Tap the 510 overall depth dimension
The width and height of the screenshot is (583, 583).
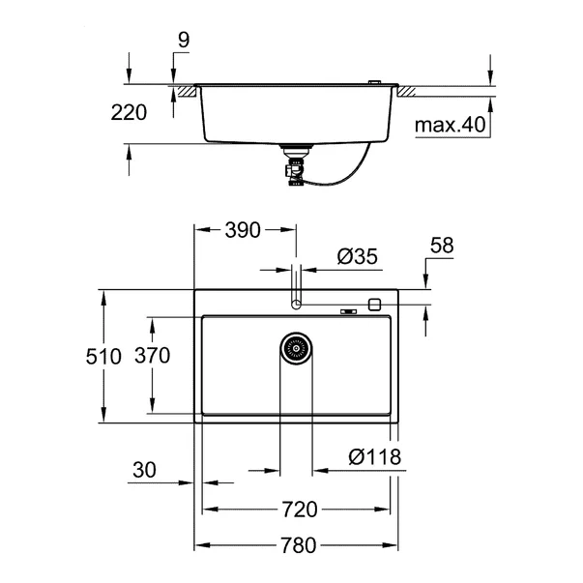point(102,356)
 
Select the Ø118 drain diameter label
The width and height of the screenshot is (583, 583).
point(375,456)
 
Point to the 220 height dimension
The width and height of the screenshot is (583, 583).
point(129,112)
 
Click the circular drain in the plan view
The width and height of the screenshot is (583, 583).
point(297,348)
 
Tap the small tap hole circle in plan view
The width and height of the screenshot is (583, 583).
point(297,304)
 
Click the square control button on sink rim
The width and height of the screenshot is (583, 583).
point(375,304)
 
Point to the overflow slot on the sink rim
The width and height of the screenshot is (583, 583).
point(347,310)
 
